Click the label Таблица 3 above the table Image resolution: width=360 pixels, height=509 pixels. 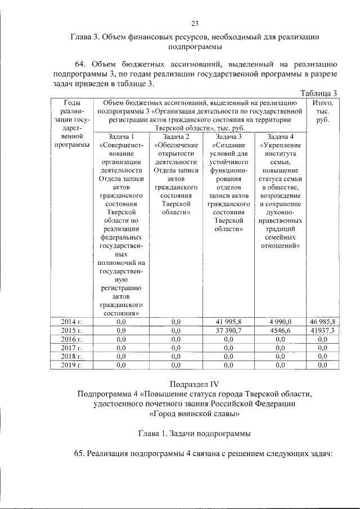point(318,93)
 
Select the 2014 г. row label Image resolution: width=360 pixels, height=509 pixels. point(71,321)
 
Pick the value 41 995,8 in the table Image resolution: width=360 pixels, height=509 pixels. point(228,321)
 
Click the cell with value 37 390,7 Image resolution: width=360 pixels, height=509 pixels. point(228,330)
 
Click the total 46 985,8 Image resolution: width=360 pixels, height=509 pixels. point(322,321)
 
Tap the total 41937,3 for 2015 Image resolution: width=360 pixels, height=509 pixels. point(322,330)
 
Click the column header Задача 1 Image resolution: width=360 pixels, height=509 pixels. point(121,137)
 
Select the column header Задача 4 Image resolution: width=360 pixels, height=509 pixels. point(280,137)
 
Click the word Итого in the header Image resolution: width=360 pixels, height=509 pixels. point(322,103)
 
